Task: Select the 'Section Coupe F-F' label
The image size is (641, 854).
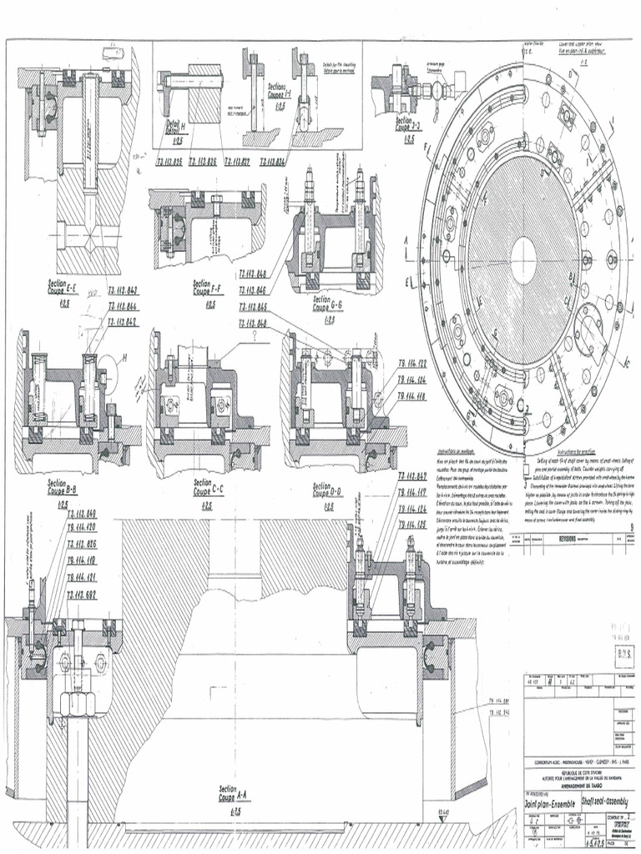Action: [x=206, y=288]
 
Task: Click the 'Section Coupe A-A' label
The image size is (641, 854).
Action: [x=230, y=791]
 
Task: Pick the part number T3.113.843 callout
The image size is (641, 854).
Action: [x=122, y=290]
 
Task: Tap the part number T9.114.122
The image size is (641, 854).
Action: [x=411, y=364]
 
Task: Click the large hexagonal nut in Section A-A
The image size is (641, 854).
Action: [x=78, y=706]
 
